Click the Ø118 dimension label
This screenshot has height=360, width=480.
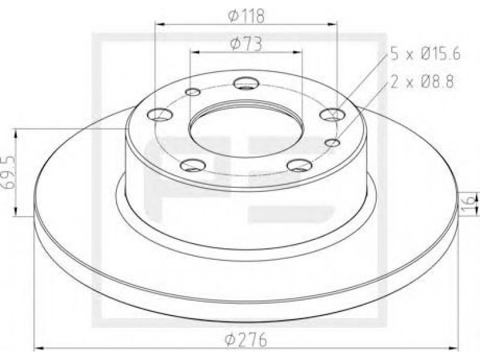click(x=246, y=16)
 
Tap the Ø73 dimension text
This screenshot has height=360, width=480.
click(x=246, y=43)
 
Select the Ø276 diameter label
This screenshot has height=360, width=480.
click(x=246, y=340)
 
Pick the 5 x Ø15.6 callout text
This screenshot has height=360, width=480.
click(x=425, y=55)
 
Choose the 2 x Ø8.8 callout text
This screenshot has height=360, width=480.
click(x=422, y=82)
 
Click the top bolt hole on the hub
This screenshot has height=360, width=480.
click(x=246, y=83)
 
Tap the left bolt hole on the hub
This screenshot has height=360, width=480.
click(x=160, y=115)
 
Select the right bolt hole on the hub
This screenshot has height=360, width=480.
click(x=332, y=115)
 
